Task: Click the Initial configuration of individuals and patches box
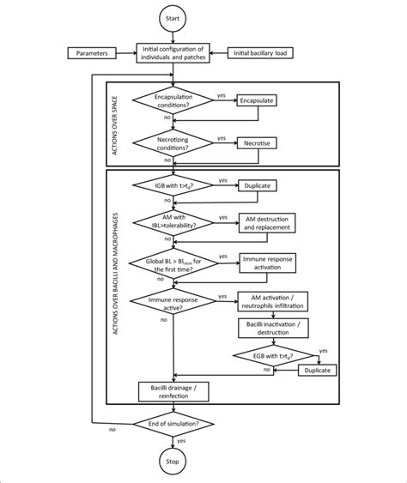180,53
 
